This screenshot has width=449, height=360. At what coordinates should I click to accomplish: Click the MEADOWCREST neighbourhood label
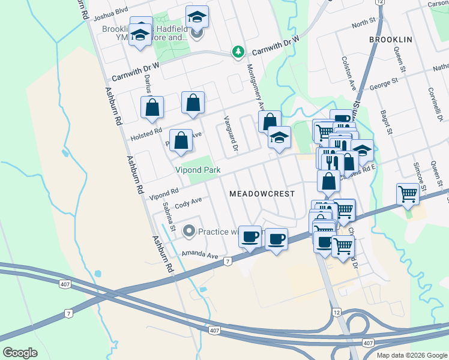coord(262,194)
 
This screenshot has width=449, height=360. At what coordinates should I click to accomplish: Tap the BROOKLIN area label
coord(390,39)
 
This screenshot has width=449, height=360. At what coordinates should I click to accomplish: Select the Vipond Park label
coord(197,170)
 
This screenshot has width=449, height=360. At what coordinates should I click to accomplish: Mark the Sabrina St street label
coord(169,216)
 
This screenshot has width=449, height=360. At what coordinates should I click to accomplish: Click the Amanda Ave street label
coord(200,254)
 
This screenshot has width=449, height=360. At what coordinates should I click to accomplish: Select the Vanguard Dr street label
coord(231,133)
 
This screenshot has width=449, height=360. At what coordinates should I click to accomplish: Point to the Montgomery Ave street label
coord(256,87)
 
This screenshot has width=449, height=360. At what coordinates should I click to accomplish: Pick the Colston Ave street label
coord(349,74)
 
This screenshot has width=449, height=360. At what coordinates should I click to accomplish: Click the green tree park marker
coord(238,52)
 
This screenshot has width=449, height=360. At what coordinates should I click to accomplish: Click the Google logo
coord(20,353)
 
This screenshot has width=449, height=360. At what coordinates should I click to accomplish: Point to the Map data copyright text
coord(412,355)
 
